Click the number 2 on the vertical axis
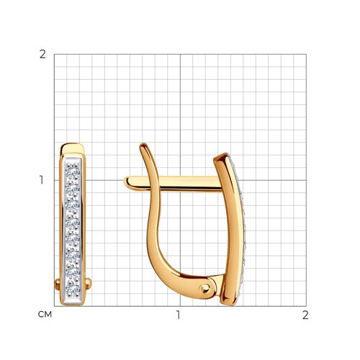point(42,55)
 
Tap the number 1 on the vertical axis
point(42,180)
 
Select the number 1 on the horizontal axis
point(178,315)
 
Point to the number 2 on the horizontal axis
point(305,315)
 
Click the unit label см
point(45,315)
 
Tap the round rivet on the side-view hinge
point(205,288)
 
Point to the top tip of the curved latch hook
point(143,145)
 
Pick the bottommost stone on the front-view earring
point(73,288)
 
